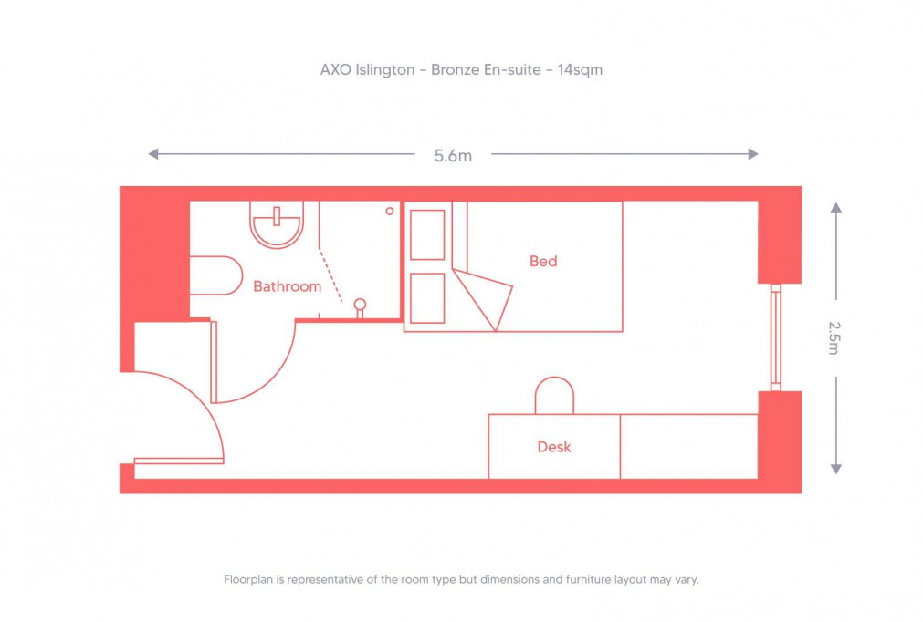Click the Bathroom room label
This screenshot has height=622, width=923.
click(287, 286)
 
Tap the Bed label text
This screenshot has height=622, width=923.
click(543, 262)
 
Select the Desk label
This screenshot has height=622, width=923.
click(553, 447)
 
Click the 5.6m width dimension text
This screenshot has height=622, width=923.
click(453, 155)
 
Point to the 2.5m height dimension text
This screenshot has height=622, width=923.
click(834, 337)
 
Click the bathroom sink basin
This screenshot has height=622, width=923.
click(276, 224)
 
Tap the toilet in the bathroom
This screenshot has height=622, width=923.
click(215, 275)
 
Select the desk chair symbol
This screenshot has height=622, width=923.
click(554, 396)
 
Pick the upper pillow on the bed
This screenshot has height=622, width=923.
click(427, 234)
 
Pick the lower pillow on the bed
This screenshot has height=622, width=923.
click(427, 297)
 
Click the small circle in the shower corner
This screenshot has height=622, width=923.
click(390, 211)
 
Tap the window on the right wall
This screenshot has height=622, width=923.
click(775, 337)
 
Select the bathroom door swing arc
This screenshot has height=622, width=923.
click(274, 374)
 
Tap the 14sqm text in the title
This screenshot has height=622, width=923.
click(579, 69)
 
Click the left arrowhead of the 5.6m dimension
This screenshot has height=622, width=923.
click(153, 154)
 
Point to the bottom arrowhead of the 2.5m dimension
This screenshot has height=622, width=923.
click(835, 468)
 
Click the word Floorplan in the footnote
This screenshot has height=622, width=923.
click(248, 579)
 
